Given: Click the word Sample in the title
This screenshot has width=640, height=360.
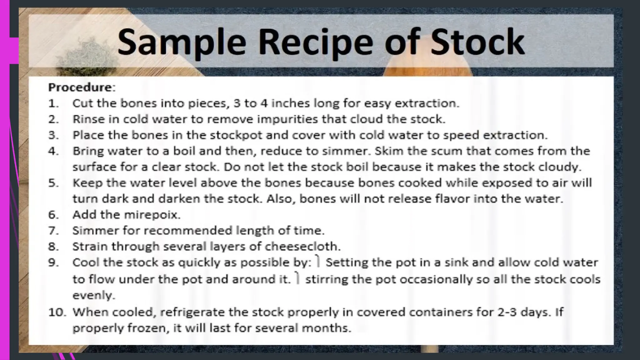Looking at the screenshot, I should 181,42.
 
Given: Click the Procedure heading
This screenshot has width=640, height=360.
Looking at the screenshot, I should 82,87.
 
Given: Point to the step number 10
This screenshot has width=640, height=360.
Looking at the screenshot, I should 57,312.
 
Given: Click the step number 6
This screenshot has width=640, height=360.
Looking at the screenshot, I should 53,215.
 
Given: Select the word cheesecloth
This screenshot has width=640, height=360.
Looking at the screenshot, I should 302,247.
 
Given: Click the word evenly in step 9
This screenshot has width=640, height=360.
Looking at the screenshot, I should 94,295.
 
